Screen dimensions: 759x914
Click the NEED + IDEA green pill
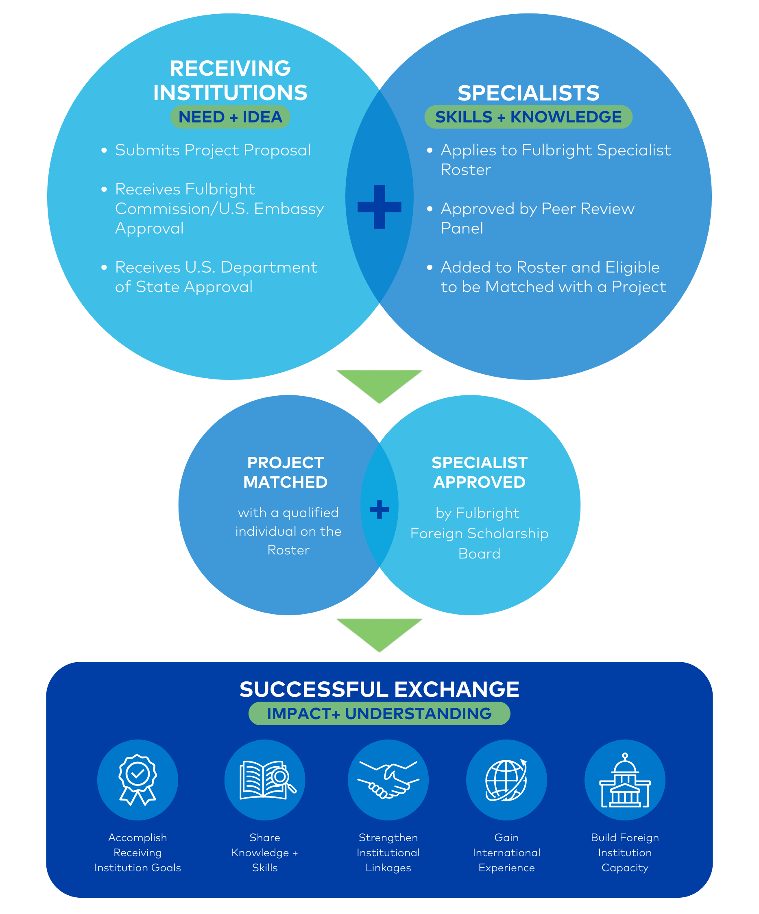point(230,117)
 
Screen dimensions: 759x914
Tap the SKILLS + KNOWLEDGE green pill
point(528,117)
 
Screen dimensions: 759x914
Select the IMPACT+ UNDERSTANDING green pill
point(379,714)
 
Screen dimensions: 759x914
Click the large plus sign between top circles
point(379,207)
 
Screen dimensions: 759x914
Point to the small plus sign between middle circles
point(379,509)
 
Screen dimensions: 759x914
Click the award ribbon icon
point(137,779)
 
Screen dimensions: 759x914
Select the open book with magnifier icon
point(265,779)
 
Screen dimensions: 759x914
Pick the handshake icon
point(388,779)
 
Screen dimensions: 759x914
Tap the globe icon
point(506,779)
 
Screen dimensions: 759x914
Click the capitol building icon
point(624,779)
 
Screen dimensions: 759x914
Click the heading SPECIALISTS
point(528,93)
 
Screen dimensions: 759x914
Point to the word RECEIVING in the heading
point(230,68)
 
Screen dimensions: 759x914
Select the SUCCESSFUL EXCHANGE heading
point(379,689)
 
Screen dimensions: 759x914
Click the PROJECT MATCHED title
point(286,472)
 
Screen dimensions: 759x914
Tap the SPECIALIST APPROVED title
point(479,472)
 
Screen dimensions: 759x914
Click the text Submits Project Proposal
point(213,150)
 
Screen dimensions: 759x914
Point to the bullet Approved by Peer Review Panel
point(537,218)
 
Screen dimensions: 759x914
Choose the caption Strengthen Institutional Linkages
point(388,852)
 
